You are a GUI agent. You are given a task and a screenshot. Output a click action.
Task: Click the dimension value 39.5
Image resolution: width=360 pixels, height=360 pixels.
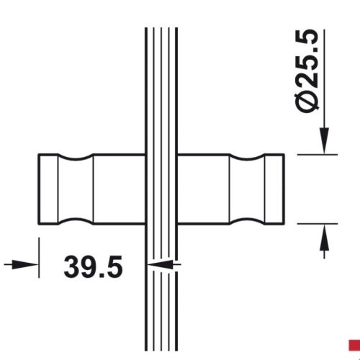[x=93, y=266]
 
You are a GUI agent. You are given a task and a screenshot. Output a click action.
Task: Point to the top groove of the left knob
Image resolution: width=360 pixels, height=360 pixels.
[x=76, y=158]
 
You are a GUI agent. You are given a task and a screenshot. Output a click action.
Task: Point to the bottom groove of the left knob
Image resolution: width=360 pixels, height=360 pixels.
[x=76, y=219]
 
